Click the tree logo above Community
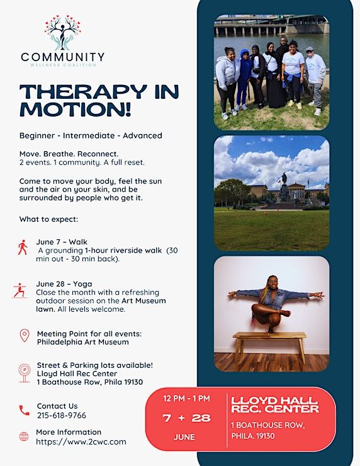click(x=62, y=33)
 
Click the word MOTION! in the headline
click(x=75, y=110)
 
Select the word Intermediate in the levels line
click(x=89, y=135)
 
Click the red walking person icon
click(x=23, y=247)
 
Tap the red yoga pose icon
click(x=20, y=291)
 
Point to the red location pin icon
click(x=25, y=336)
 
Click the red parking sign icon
click(x=25, y=373)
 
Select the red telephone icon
click(x=25, y=411)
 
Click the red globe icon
click(x=24, y=436)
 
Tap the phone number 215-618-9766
click(x=62, y=415)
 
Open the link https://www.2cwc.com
click(x=81, y=441)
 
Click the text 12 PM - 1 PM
click(x=186, y=398)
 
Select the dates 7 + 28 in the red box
click(x=186, y=418)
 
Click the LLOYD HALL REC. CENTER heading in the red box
click(x=275, y=405)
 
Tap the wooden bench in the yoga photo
click(x=269, y=346)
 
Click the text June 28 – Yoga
click(x=64, y=284)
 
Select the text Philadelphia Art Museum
click(x=83, y=342)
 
